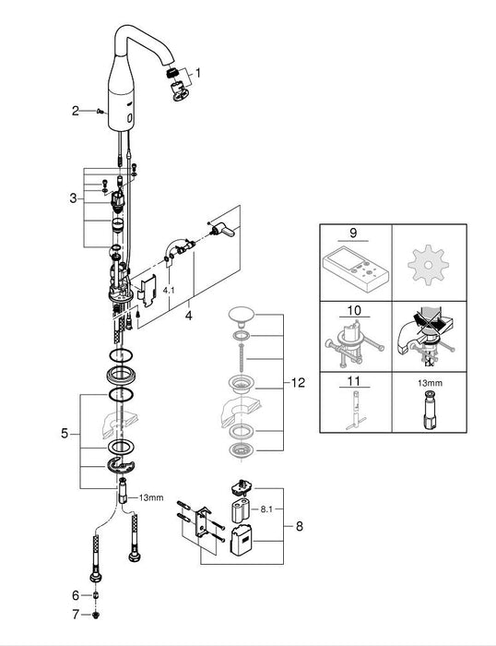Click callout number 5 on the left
pos(63,433)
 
